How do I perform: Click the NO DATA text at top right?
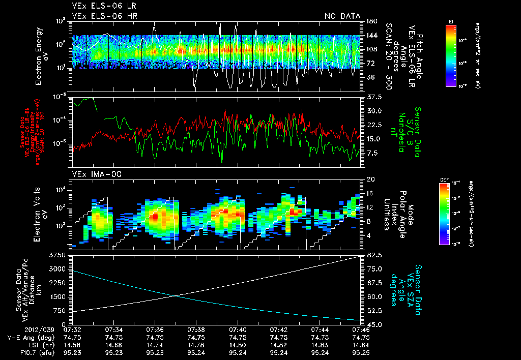(x=342, y=16)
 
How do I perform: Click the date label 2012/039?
(x=17, y=329)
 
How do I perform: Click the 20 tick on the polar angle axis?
(x=370, y=179)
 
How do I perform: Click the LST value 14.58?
(x=72, y=345)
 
